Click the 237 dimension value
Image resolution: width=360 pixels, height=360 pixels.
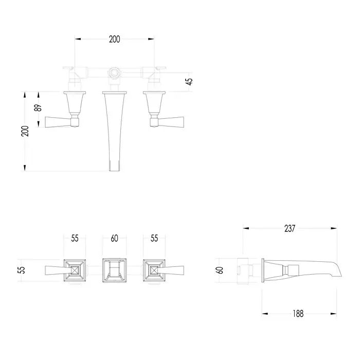(x=290, y=228)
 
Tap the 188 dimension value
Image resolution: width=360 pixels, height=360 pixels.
(x=298, y=314)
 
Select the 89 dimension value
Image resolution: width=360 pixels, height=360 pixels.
(x=38, y=107)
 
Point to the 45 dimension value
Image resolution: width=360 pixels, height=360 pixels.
(x=190, y=81)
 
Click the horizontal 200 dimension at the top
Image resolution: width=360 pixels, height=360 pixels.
(x=114, y=39)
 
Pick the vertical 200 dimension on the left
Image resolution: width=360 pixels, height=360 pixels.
(x=25, y=131)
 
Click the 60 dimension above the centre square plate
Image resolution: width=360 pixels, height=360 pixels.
(x=114, y=238)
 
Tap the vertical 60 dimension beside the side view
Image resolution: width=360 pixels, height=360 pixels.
(x=220, y=270)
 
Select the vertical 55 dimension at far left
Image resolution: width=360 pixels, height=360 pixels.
(x=21, y=270)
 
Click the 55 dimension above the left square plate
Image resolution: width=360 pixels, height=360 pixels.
(x=75, y=238)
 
